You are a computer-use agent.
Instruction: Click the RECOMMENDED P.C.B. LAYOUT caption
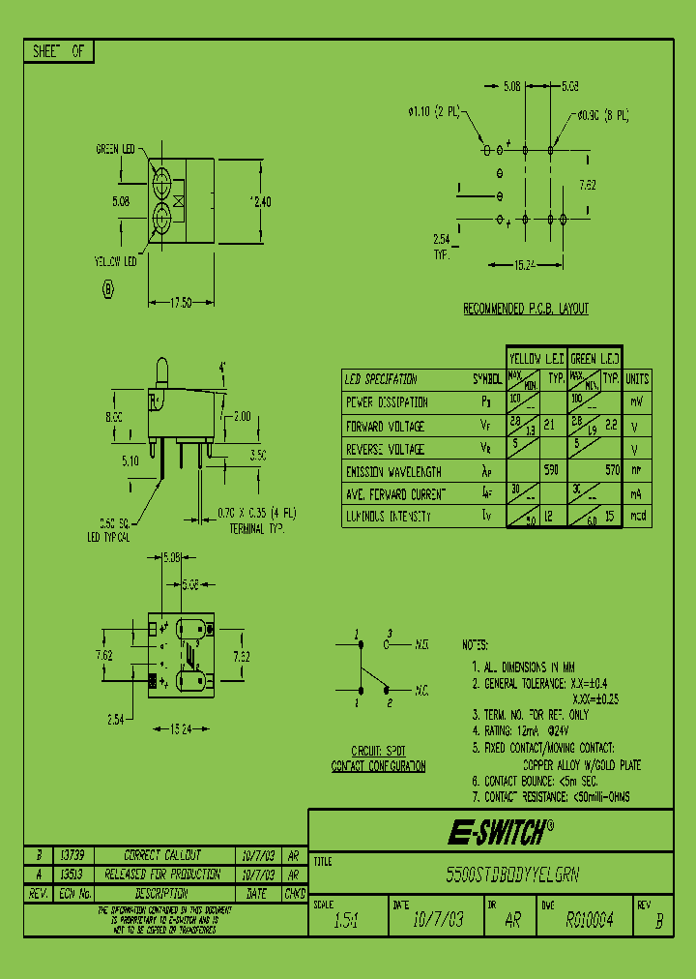pos(526,309)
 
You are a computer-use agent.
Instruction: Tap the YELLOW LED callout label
pos(115,261)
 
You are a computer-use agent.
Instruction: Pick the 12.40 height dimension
pos(260,201)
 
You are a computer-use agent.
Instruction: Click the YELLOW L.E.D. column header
pos(536,357)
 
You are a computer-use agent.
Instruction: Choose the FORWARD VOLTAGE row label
pos(384,426)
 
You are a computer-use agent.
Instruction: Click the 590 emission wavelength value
pos(552,471)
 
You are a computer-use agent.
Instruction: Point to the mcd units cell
pos(637,517)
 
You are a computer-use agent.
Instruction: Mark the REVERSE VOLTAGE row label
pos(385,449)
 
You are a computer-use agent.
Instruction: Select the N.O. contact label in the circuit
pos(422,642)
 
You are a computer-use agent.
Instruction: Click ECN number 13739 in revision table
pos(72,856)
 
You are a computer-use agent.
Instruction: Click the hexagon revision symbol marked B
pos(108,288)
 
